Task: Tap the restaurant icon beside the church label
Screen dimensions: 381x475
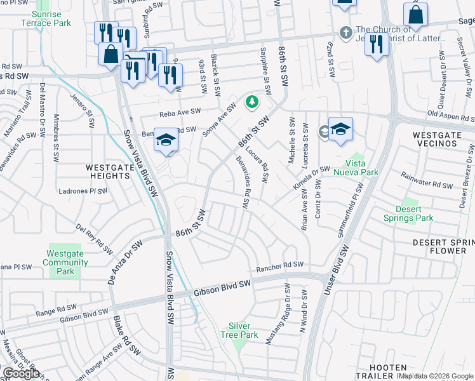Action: (x=377, y=44)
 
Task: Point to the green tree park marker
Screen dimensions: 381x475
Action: (x=252, y=102)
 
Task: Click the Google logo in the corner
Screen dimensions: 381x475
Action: (x=21, y=373)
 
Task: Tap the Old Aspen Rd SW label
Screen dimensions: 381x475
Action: (x=450, y=114)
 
